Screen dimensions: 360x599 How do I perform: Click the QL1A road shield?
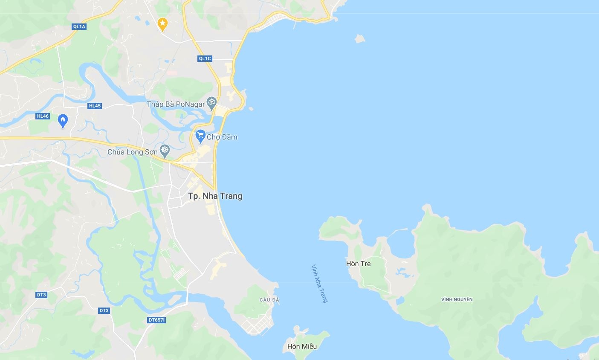[79, 26]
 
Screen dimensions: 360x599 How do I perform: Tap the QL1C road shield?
[205, 58]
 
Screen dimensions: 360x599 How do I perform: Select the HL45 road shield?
[95, 106]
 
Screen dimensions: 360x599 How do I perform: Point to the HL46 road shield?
[43, 116]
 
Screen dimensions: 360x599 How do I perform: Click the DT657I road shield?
[156, 320]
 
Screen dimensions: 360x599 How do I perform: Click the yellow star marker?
[162, 24]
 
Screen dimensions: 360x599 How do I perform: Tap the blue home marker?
[63, 121]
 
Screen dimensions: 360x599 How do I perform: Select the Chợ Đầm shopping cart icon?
[200, 136]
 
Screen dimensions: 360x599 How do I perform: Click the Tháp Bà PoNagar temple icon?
[211, 102]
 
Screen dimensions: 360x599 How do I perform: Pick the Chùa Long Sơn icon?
[165, 151]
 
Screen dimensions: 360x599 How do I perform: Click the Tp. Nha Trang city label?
[215, 196]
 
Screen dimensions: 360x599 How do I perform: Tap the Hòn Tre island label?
[358, 264]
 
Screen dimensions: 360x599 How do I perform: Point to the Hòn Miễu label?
[302, 346]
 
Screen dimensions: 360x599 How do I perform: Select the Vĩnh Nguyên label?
[457, 299]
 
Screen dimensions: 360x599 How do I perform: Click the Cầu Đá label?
[269, 300]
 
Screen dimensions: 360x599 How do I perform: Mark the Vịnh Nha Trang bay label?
[319, 284]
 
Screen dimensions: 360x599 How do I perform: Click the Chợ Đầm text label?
[222, 137]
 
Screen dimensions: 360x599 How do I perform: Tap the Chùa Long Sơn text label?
[132, 152]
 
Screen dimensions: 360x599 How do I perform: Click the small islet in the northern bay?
[360, 39]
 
